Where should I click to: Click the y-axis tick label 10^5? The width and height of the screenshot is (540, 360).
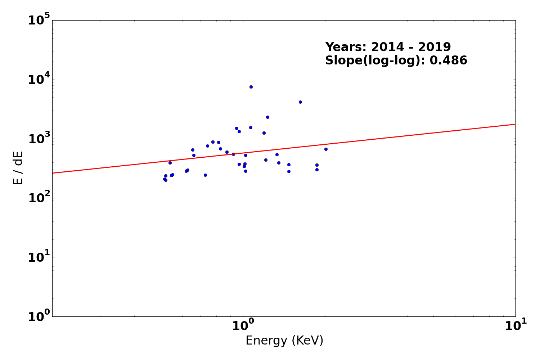point(39,20)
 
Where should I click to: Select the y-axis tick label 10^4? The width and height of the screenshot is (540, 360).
point(39,80)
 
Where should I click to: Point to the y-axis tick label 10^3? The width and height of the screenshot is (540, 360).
point(39,139)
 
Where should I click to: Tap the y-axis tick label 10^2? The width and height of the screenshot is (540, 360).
point(39,198)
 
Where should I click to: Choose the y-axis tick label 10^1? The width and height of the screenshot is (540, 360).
point(39,257)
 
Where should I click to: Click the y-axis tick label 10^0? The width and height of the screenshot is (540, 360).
point(39,316)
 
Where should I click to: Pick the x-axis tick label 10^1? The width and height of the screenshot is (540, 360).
point(516,326)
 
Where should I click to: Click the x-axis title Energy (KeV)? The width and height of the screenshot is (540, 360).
point(284,341)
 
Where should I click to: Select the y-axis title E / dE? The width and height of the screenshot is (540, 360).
point(18,168)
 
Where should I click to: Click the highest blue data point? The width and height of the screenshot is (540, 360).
point(251,87)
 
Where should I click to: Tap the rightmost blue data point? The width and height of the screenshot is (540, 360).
point(326,149)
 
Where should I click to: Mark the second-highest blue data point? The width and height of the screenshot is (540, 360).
point(300,102)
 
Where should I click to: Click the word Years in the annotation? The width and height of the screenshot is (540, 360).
point(346,47)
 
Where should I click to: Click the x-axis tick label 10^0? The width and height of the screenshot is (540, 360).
point(243,326)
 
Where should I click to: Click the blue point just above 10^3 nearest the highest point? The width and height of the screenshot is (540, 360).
point(251,127)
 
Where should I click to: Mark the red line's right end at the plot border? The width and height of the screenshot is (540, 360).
point(515,124)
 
